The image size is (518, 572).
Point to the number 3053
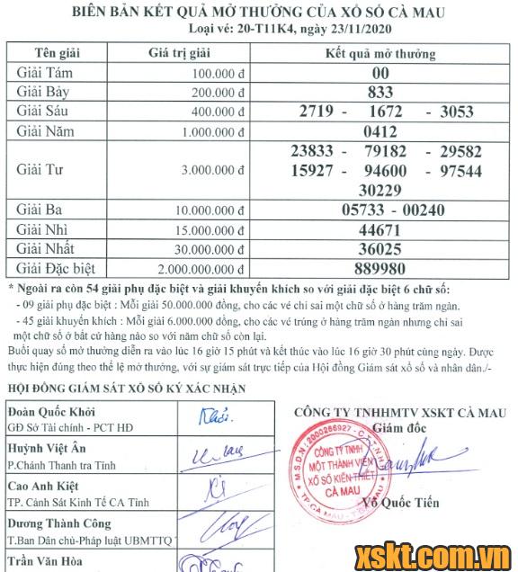tap(456, 112)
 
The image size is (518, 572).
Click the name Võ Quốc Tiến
tap(403, 503)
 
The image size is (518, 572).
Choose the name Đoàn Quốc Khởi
tap(50, 410)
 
